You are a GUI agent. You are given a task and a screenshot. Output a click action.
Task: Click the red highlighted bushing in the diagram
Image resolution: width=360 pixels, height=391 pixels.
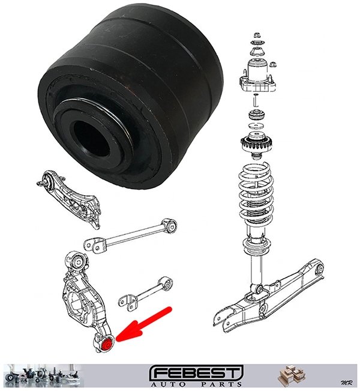[107, 345]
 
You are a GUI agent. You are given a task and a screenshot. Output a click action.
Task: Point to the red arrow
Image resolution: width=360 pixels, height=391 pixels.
[143, 326]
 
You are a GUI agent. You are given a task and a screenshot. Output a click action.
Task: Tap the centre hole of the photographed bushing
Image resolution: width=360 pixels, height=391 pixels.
[91, 139]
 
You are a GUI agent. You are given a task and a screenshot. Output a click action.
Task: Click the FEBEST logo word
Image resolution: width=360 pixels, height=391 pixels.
[196, 374]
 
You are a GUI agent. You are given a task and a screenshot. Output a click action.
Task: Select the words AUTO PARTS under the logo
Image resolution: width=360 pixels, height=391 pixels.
[196, 384]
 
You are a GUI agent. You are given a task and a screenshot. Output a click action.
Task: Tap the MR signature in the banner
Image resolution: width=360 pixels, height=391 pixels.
[346, 383]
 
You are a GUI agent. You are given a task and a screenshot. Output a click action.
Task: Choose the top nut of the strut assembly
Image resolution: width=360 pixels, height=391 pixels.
[257, 35]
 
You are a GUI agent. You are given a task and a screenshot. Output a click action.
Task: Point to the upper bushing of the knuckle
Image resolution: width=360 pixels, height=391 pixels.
[78, 262]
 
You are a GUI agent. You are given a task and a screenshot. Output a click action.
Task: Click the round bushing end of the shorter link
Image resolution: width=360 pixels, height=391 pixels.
[167, 284]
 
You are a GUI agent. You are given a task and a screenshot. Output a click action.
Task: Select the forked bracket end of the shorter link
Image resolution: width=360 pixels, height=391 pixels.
[129, 302]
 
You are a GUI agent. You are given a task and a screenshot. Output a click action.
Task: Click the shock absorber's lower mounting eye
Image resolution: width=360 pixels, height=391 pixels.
[259, 290]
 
